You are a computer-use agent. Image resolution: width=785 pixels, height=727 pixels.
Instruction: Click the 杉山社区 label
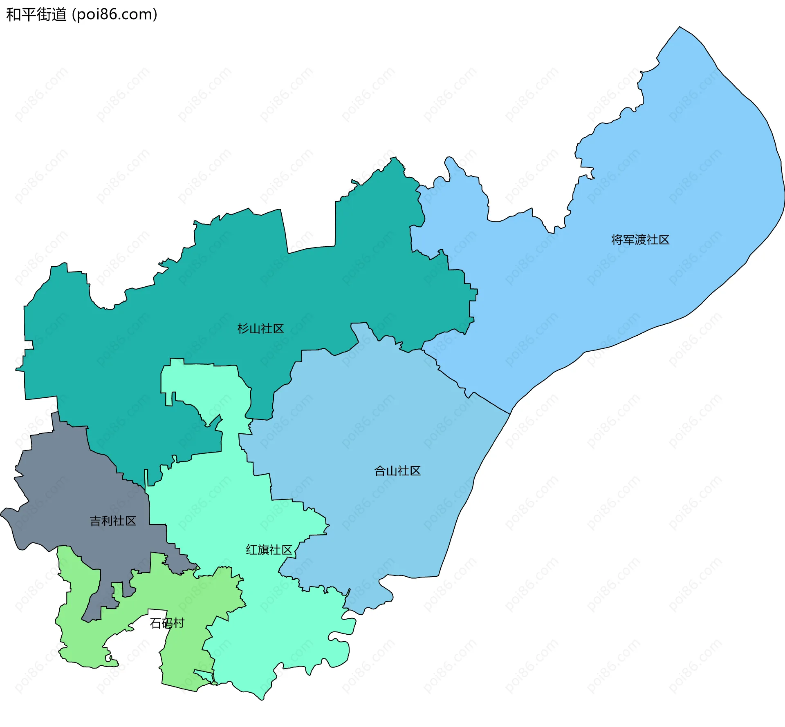point(260,329)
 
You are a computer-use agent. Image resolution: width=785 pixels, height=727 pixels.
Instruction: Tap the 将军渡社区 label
point(640,240)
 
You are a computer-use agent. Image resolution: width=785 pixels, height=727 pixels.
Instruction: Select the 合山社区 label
point(397,471)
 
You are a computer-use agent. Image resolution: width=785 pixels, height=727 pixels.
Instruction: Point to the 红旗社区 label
point(269,550)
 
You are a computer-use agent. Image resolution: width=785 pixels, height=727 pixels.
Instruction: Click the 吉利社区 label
point(112,521)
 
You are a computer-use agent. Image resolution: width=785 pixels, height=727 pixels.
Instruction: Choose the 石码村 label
point(167,623)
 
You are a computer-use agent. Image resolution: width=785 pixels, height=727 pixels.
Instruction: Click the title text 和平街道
point(36,15)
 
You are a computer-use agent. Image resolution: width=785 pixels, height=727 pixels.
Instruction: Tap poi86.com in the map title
point(114,15)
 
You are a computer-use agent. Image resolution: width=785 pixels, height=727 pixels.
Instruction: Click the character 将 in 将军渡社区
point(617,240)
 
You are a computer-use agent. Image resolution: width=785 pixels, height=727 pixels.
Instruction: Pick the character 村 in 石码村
point(179,623)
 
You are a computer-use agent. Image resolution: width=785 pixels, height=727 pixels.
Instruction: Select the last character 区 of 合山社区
point(415,471)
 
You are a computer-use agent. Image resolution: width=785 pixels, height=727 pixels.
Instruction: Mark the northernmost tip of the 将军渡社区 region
point(680,27)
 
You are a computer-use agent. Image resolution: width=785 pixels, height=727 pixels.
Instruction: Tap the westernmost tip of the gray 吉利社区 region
point(2,513)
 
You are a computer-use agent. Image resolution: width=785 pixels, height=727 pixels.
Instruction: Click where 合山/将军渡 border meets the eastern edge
point(510,413)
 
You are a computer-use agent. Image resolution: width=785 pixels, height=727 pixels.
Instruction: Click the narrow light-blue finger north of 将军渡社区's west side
point(450,163)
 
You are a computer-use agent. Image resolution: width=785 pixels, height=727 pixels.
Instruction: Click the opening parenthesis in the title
point(74,15)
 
